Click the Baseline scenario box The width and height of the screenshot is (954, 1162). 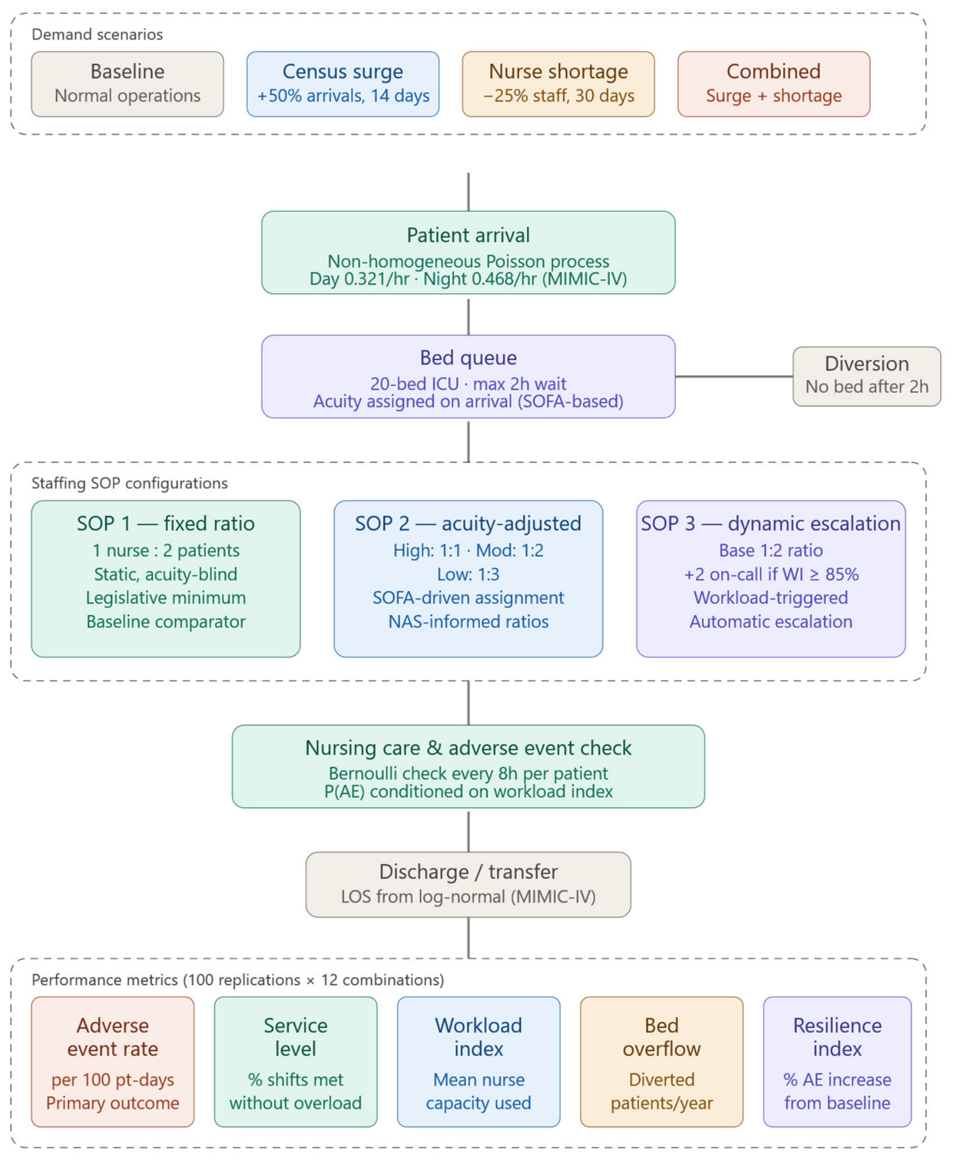127,84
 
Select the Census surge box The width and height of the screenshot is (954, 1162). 342,84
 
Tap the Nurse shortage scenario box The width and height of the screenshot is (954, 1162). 558,84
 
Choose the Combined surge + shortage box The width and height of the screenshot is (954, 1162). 773,84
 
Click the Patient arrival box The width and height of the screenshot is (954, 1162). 468,252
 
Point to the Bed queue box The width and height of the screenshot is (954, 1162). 468,376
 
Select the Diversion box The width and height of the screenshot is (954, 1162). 866,376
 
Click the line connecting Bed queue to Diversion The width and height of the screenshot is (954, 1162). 734,376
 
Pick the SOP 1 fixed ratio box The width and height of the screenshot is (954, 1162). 165,578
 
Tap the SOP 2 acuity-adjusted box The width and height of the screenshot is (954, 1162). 468,578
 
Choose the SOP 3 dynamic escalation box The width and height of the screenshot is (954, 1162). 770,578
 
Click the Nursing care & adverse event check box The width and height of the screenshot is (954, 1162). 468,766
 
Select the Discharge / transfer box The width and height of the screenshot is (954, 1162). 468,884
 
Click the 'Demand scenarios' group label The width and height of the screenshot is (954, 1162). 97,35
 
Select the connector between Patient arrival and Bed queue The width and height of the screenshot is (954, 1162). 468,314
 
